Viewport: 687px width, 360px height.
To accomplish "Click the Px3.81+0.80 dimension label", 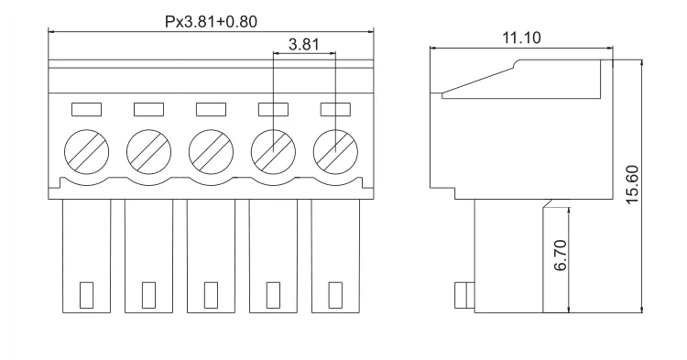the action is click(x=211, y=21).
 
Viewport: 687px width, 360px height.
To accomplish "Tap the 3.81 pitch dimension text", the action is click(x=304, y=44).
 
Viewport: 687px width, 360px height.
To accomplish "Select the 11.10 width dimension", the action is click(x=521, y=38).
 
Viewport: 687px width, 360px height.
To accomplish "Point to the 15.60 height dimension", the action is click(x=632, y=184).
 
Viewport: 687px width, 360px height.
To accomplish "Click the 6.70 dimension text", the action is click(x=561, y=256).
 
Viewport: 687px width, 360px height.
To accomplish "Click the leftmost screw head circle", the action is click(x=87, y=151).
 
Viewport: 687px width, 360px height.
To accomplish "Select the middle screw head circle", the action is click(x=212, y=151).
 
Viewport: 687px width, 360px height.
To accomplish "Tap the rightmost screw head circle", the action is click(x=335, y=151).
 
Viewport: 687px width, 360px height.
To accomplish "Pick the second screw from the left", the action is click(x=149, y=151).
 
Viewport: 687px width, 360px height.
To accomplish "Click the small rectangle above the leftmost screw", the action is click(x=86, y=110).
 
